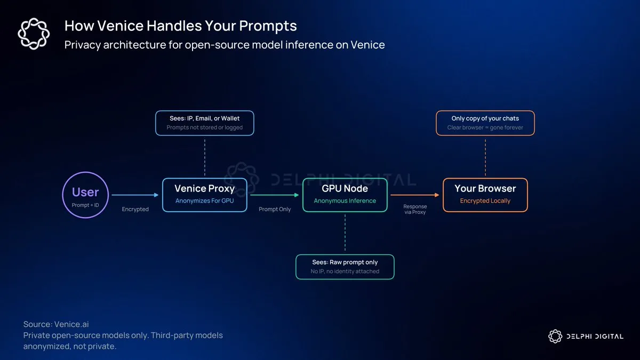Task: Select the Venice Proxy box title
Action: tap(205, 189)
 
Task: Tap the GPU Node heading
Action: tap(345, 189)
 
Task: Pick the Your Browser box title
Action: tap(485, 189)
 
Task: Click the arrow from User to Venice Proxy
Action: tap(135, 195)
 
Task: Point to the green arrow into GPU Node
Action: tap(274, 195)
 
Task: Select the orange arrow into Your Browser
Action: tap(414, 195)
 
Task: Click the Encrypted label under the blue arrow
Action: tap(135, 209)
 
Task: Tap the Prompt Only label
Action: tap(275, 209)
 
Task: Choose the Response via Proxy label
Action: tap(415, 209)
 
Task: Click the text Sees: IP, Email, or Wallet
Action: tap(205, 118)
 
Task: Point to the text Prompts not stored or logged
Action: tap(205, 127)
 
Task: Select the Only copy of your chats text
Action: tap(485, 118)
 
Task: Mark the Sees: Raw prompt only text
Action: tap(345, 262)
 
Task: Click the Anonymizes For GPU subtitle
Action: tap(205, 201)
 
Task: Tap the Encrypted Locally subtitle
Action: tap(485, 201)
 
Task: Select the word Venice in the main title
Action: tap(121, 26)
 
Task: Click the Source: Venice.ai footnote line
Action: tap(56, 324)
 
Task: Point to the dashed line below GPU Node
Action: tap(345, 233)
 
